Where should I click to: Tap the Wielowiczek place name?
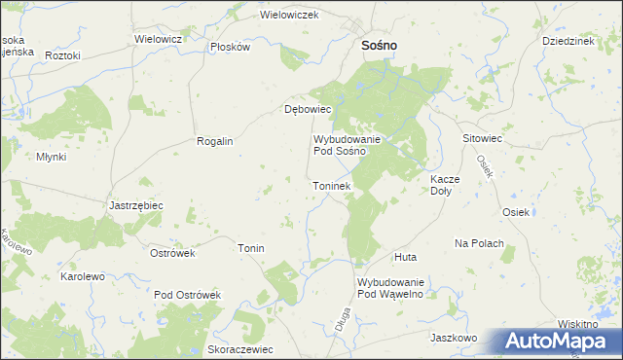coord(290,16)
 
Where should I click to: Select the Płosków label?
coord(231,47)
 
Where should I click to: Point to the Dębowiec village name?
coord(309,110)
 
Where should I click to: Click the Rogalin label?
coord(215,141)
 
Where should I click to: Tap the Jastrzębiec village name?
coord(135,206)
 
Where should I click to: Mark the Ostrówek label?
coord(173,253)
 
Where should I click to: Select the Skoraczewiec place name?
coord(240,348)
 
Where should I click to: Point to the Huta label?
coord(406,257)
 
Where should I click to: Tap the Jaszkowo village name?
coord(453,338)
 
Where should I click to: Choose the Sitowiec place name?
coord(482,139)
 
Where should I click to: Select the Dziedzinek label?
coord(568,42)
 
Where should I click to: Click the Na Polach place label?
coord(479,242)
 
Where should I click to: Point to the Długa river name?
coord(342,321)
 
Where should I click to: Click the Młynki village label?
coord(51,157)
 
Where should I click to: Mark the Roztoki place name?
coord(62,55)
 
